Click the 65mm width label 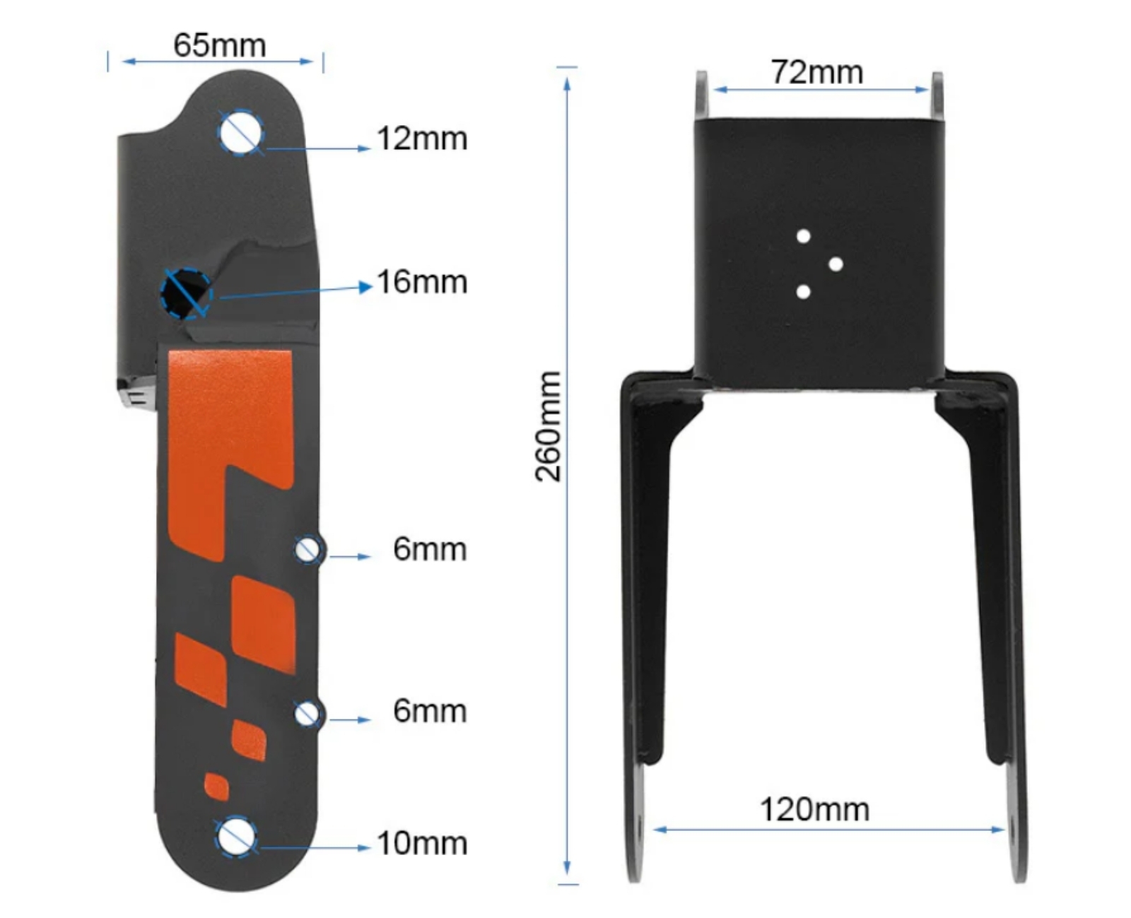coord(219,45)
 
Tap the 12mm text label coord(422,139)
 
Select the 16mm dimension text coord(422,282)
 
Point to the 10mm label coord(422,843)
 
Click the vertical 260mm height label coord(548,426)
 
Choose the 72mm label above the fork coord(816,72)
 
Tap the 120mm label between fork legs coord(814,810)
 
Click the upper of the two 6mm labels coord(430,549)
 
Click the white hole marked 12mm coord(241,132)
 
